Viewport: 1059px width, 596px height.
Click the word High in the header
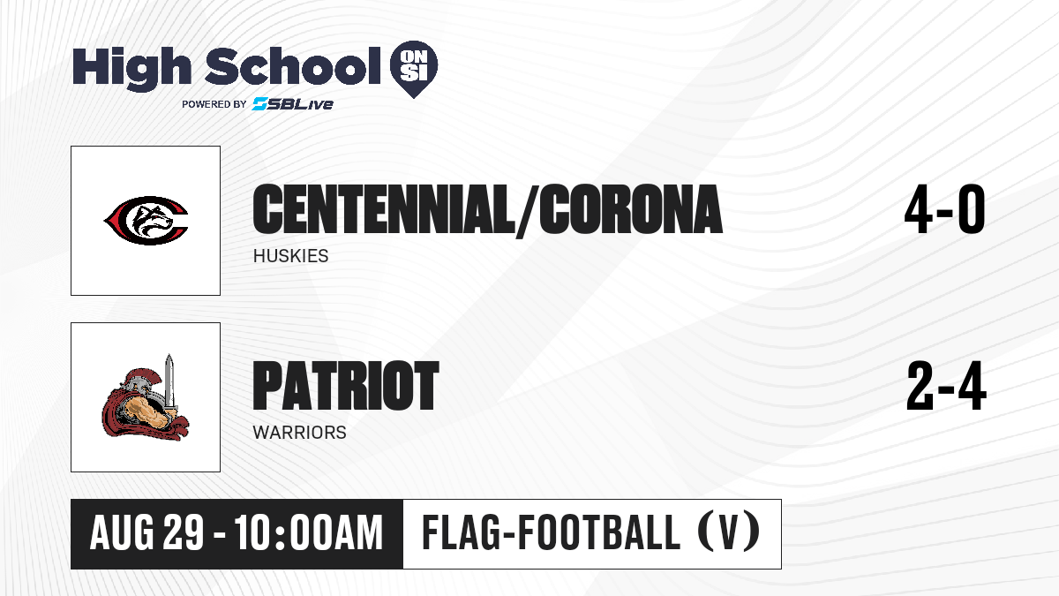(131, 68)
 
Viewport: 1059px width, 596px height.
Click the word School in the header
(293, 65)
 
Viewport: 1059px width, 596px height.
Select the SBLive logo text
(293, 103)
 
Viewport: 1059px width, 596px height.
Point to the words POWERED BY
(214, 104)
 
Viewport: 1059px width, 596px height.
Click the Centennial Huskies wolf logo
(146, 221)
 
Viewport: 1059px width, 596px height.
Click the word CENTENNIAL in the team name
(383, 209)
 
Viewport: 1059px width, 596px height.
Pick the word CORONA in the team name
(631, 209)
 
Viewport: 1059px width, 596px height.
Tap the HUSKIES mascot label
(290, 256)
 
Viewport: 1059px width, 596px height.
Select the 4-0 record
(944, 209)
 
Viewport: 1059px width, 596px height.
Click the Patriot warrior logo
(146, 397)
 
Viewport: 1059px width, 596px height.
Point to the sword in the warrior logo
(169, 383)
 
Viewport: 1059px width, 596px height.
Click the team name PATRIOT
(346, 386)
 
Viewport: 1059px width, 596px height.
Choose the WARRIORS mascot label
(300, 433)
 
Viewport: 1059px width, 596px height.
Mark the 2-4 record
(946, 386)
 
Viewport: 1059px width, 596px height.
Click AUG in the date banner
(122, 532)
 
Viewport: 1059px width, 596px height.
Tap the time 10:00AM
(308, 532)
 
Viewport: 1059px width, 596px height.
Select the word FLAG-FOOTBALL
(552, 532)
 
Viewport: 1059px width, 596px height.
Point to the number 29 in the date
(184, 532)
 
